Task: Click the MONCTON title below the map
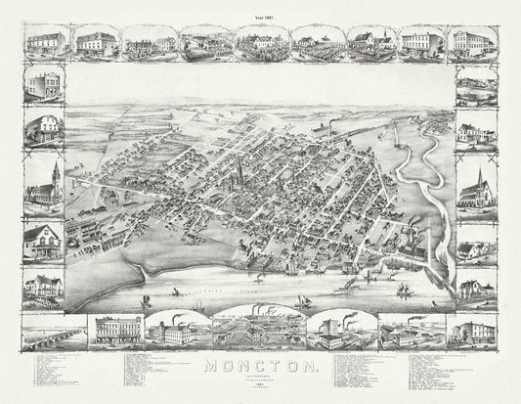coord(259,368)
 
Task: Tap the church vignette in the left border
coord(42,183)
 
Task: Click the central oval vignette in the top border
coord(259,43)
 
